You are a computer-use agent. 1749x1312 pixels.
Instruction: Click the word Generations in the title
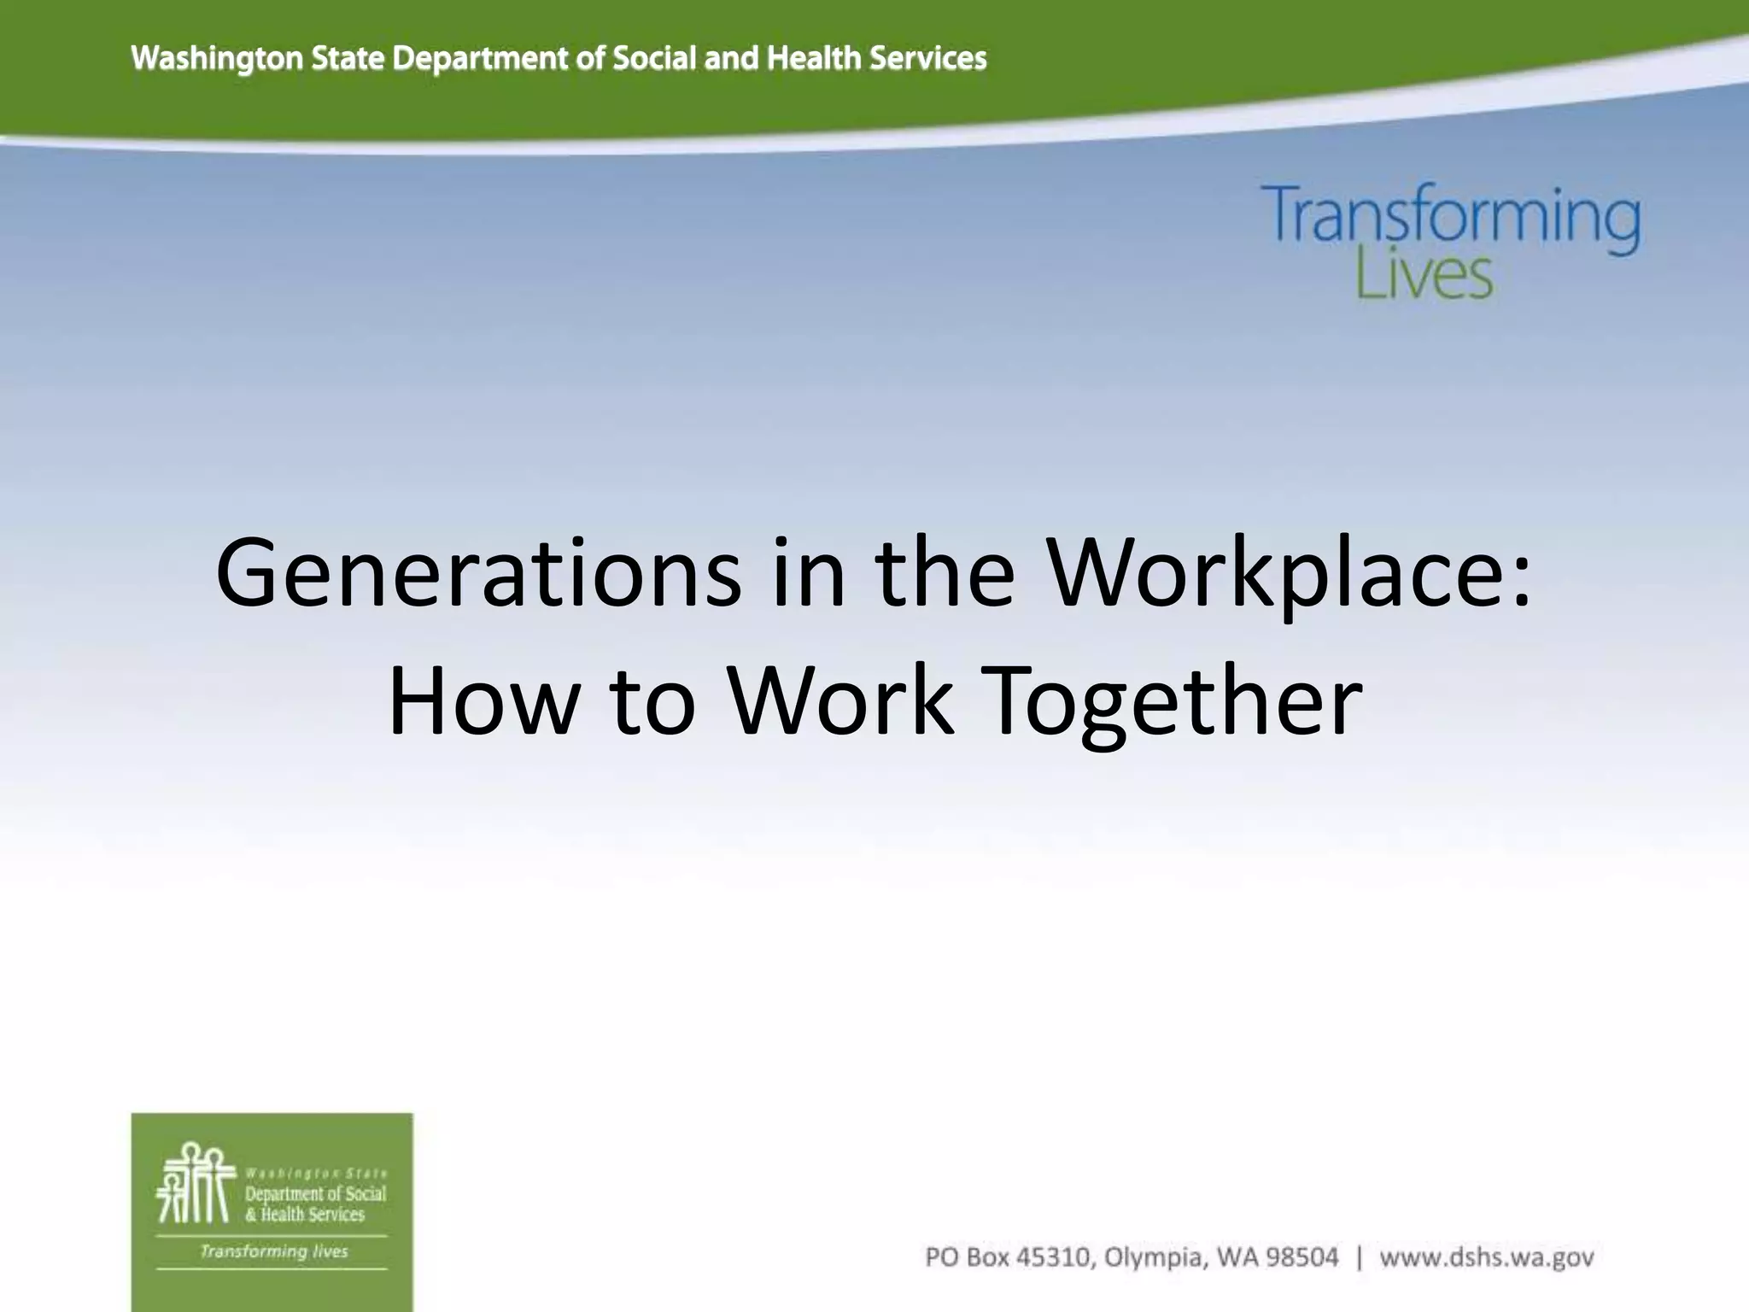click(478, 573)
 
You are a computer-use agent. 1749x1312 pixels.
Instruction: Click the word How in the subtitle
click(478, 701)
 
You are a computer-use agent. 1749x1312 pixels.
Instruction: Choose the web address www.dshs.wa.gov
click(1487, 1257)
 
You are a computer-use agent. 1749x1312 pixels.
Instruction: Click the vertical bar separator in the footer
click(1359, 1257)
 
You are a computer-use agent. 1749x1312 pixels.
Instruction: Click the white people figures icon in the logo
click(196, 1183)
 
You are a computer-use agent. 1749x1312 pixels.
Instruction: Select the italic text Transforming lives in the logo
click(273, 1251)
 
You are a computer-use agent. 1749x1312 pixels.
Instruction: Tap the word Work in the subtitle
click(840, 701)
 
